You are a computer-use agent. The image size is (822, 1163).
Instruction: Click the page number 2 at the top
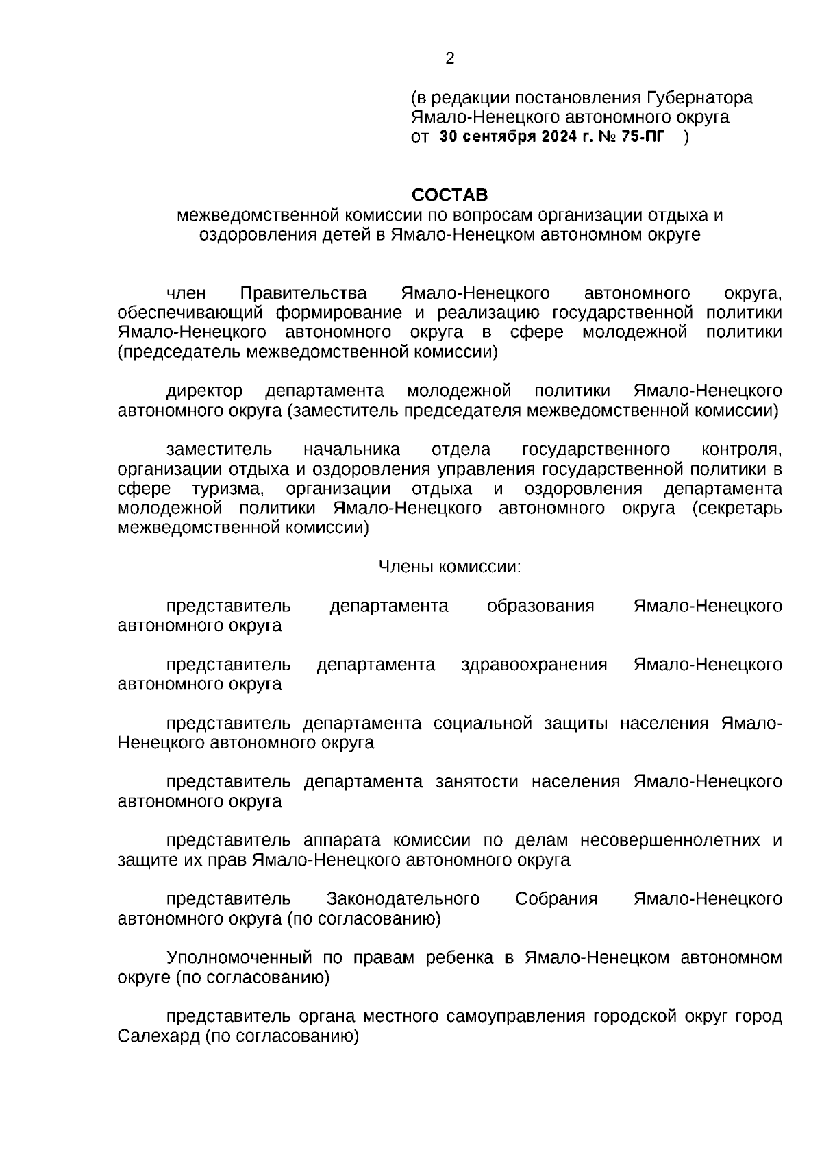(x=449, y=59)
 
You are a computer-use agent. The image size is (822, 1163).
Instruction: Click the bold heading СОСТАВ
(x=450, y=195)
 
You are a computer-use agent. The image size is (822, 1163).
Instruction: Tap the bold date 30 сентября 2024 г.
(x=517, y=136)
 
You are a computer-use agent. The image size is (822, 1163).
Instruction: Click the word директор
(x=204, y=391)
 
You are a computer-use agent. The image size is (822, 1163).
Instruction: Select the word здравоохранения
(x=534, y=664)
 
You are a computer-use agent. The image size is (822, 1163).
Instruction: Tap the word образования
(x=540, y=606)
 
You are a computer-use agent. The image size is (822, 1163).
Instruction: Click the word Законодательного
(x=403, y=898)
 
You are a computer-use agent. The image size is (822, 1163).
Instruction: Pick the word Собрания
(x=556, y=898)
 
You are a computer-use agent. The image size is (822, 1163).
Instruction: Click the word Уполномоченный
(x=235, y=957)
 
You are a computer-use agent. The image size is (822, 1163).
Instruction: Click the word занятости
(x=477, y=781)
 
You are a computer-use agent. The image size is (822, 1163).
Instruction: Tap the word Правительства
(x=303, y=294)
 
